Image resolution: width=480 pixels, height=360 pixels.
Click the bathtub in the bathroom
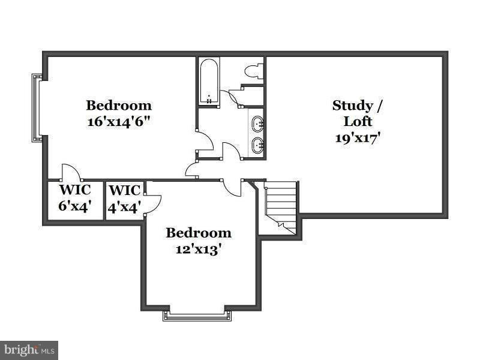tap(209, 82)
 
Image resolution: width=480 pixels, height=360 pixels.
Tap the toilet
tap(254, 71)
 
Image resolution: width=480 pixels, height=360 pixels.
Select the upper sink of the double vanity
tap(258, 124)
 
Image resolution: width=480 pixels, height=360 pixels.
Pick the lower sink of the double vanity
tap(258, 145)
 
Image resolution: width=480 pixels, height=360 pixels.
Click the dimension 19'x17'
tap(358, 137)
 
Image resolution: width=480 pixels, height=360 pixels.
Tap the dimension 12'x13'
tap(199, 248)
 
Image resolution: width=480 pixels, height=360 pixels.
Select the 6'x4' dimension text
tap(75, 206)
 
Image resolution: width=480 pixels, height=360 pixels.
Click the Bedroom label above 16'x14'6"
tap(119, 105)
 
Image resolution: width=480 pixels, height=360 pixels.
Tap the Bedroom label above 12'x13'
tap(199, 233)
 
